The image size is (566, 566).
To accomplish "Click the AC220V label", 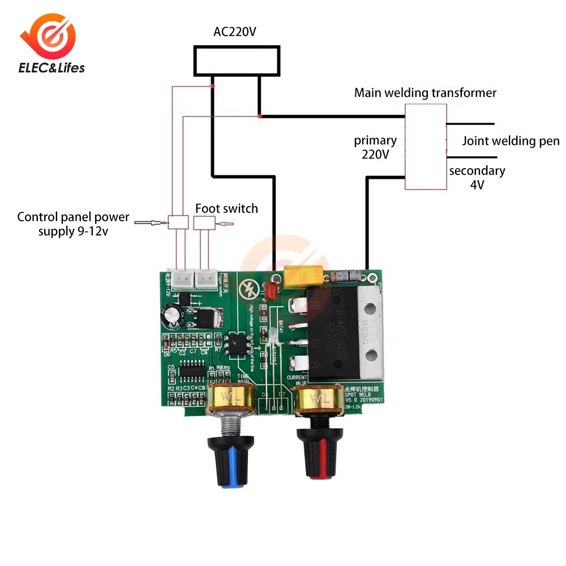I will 235,32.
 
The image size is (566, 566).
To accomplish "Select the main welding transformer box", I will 425,147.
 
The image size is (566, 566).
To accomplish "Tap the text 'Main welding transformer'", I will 425,93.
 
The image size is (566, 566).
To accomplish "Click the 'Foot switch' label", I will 226,208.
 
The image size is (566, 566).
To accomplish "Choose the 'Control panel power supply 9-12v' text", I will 73,224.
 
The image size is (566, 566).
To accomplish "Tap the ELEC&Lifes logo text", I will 52,68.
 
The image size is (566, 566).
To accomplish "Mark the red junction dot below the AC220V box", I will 212,86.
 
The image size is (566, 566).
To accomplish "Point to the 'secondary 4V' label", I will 477,177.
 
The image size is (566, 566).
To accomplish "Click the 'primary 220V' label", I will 375,147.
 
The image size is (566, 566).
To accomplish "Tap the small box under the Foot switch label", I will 204,222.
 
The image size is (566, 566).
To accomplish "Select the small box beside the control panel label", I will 179,222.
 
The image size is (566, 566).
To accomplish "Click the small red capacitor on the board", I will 271,291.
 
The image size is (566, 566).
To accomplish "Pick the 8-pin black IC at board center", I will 234,345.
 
